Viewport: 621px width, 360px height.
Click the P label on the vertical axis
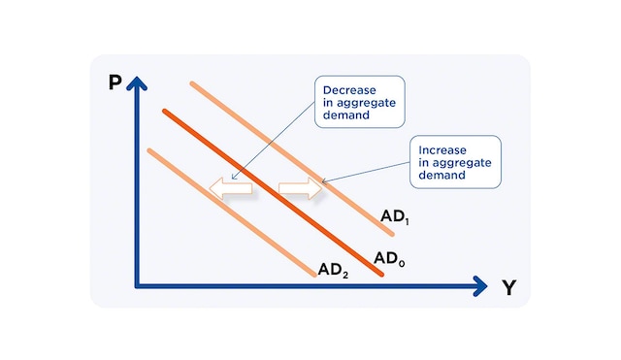114,82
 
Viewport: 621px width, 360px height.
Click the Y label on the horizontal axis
508,287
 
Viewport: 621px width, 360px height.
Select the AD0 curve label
388,258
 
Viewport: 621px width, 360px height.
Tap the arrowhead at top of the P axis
137,82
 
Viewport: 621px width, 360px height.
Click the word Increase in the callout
442,150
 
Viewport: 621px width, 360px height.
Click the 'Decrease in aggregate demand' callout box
358,102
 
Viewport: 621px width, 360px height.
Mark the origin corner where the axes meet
138,285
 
